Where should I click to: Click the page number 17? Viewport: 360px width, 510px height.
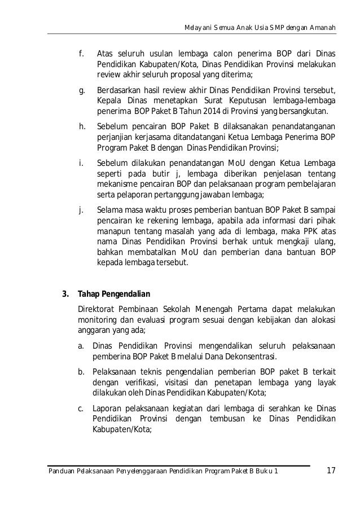pyautogui.click(x=331, y=471)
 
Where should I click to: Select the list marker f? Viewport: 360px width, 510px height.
pyautogui.click(x=81, y=54)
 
